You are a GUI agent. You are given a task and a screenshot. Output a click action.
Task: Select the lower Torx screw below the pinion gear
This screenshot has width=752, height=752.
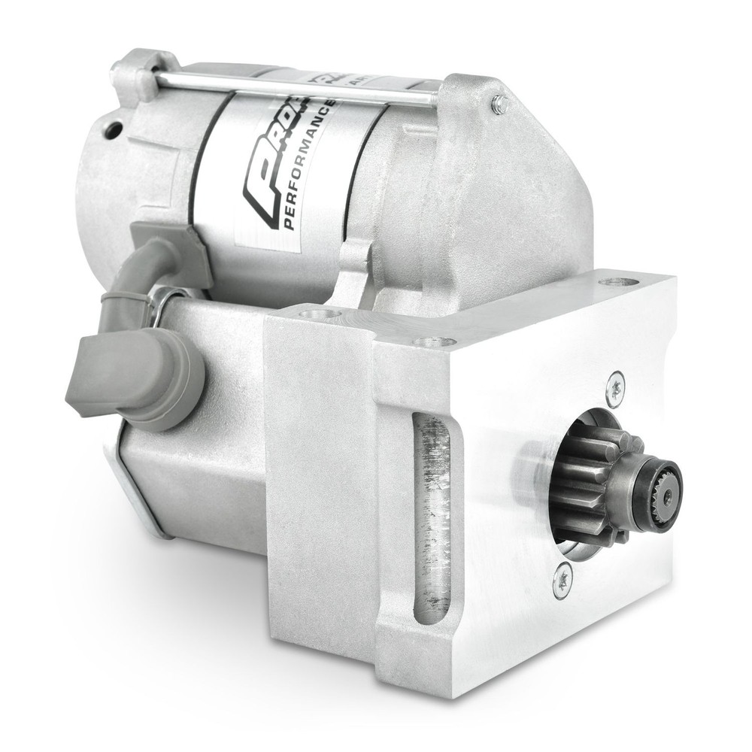click(x=562, y=581)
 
